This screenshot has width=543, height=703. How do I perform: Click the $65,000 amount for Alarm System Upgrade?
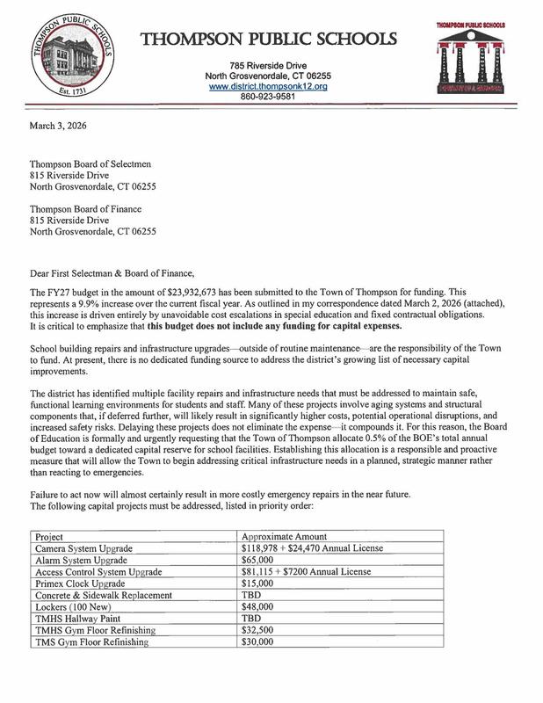(257, 559)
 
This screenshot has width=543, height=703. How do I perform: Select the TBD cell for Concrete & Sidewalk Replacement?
(251, 593)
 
